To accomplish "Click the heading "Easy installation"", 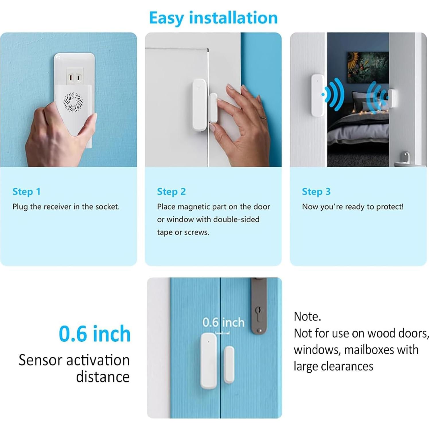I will coord(213,18).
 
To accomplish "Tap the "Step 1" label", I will coord(26,192).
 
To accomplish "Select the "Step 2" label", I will coord(171,192).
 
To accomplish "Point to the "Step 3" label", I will coord(316,192).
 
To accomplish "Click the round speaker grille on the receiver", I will coord(73,102).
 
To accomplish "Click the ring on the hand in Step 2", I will coord(263,118).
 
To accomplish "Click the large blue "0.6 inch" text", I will coord(95,334).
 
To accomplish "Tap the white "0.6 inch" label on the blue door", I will coord(223,323).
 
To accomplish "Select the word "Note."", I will coord(307,317).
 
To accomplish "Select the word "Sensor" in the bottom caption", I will coord(41,360).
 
